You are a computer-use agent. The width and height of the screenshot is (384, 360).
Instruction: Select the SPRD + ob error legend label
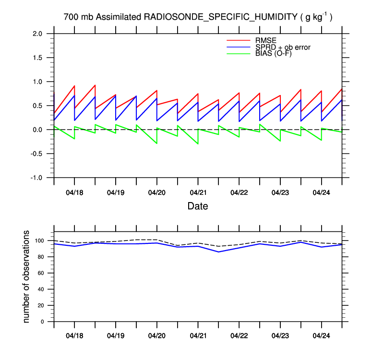tap(283, 47)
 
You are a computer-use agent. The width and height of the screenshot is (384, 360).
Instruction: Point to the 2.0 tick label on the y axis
tap(37, 34)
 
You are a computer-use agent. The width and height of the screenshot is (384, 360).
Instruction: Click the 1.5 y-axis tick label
tap(37, 58)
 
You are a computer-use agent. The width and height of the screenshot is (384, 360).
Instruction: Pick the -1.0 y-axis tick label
tap(36, 178)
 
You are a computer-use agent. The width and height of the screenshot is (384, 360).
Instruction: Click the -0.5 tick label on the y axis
tap(36, 154)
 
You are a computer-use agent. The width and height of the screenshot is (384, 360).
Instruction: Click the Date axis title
tap(198, 207)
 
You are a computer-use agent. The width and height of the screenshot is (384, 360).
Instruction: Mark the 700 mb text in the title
tap(78, 17)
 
